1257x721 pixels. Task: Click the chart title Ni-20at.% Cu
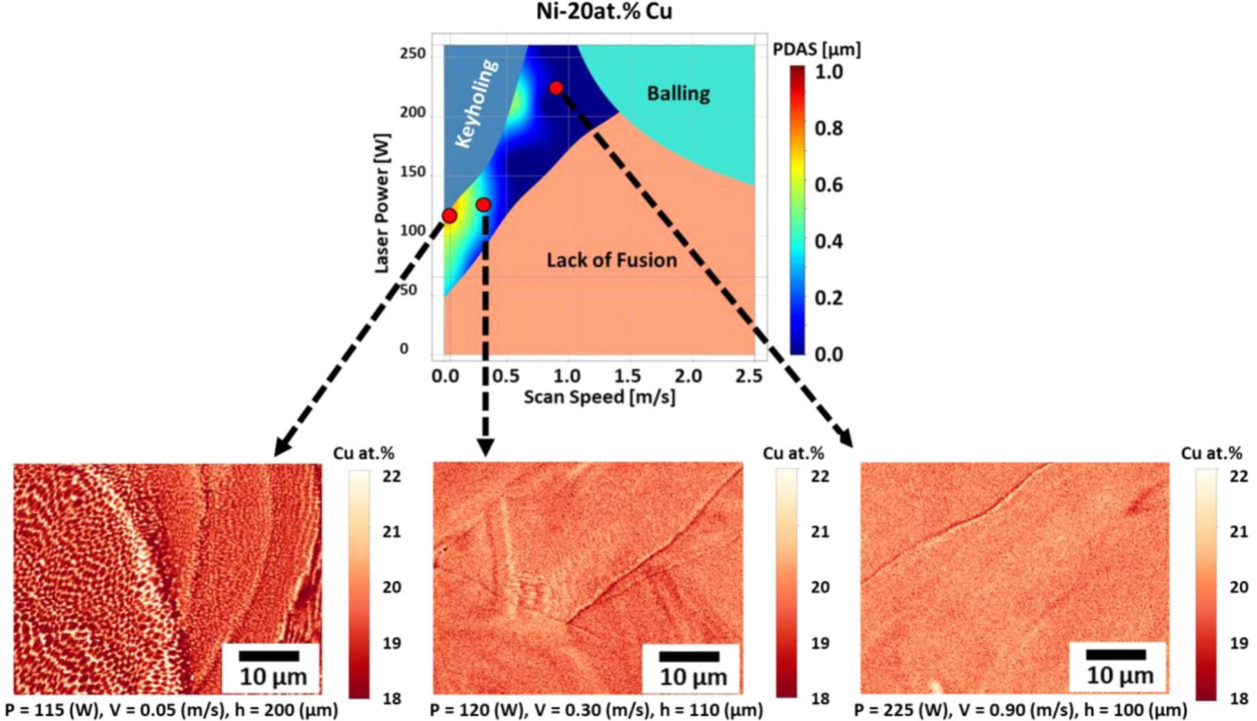point(604,12)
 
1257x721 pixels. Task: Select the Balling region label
point(678,93)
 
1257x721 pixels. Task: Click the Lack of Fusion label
point(611,260)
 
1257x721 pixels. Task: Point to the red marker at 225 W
point(556,88)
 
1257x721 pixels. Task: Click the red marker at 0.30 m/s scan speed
point(484,205)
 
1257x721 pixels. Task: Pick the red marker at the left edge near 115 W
point(449,216)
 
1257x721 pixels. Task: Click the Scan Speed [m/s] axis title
point(599,397)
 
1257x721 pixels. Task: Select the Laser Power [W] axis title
point(382,203)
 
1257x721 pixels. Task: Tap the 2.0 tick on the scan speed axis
point(688,376)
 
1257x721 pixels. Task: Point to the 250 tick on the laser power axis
point(412,54)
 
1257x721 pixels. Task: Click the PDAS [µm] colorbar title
point(816,49)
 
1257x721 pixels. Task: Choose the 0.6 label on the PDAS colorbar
point(828,185)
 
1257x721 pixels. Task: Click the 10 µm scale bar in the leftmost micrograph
point(269,656)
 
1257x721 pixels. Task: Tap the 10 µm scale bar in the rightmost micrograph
point(1115,654)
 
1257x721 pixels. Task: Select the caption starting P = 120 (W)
point(596,710)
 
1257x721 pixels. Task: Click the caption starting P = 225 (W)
point(1020,710)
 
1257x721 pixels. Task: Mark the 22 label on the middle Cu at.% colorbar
point(820,476)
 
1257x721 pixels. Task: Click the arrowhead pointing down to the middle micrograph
point(485,447)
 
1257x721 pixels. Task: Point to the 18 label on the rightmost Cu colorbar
point(1238,698)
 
